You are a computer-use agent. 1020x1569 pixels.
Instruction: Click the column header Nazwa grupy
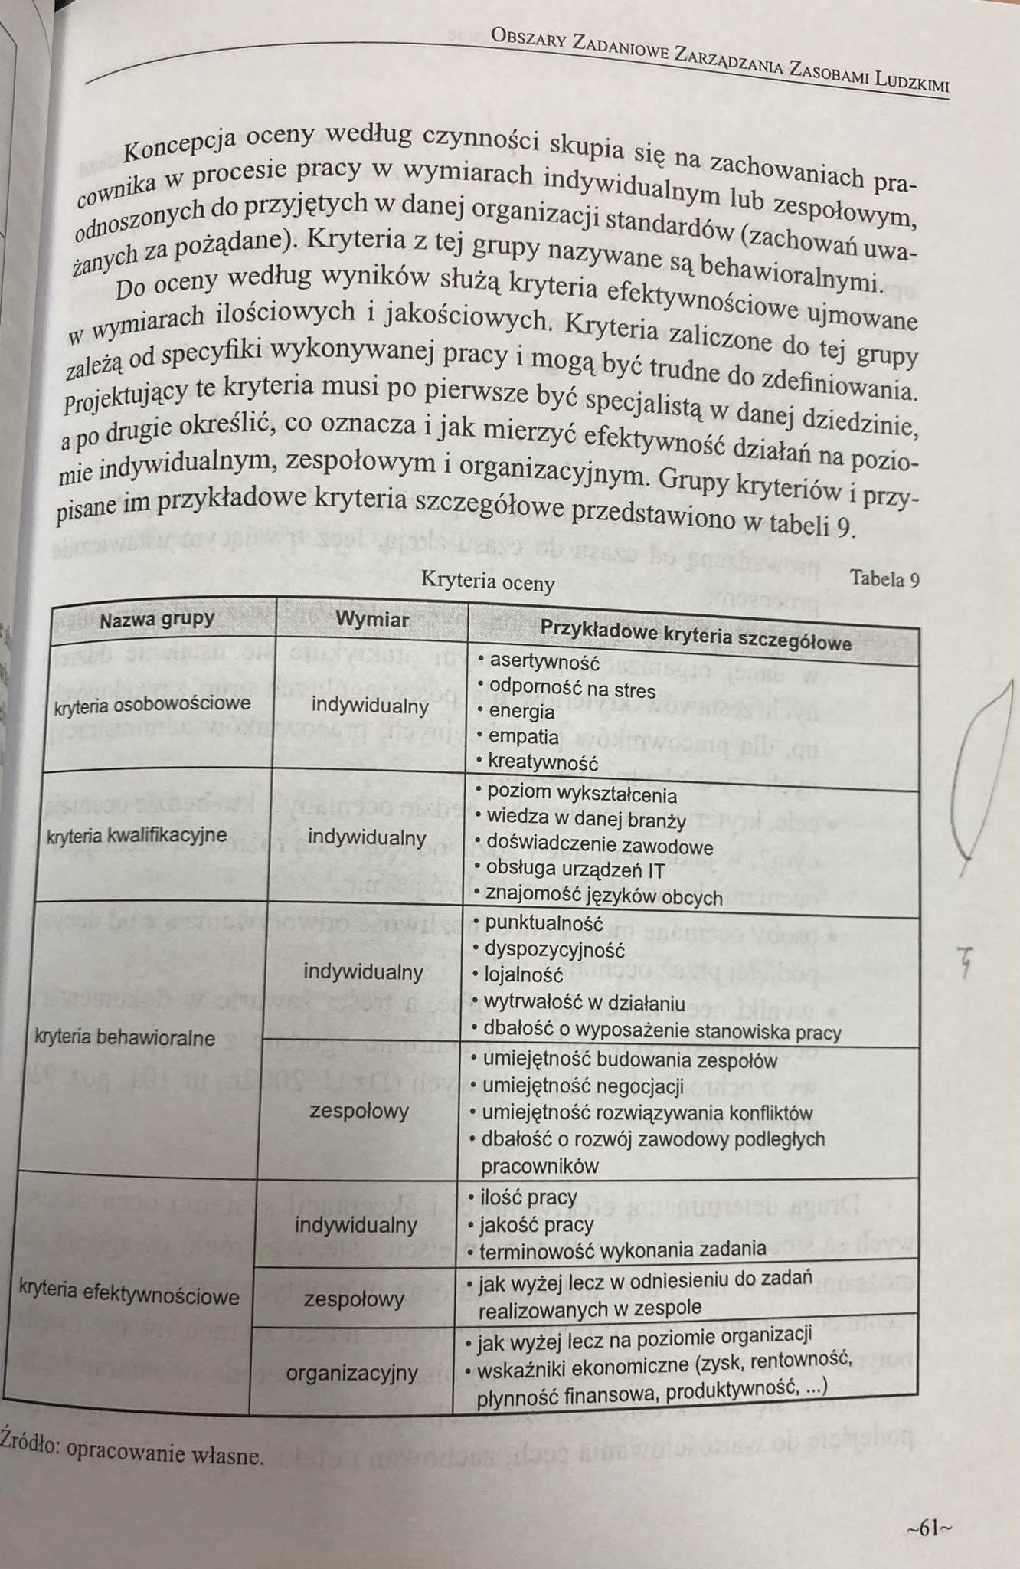[x=157, y=619]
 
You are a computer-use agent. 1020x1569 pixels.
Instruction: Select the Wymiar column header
[x=373, y=619]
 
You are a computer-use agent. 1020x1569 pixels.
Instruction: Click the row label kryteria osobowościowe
[x=152, y=703]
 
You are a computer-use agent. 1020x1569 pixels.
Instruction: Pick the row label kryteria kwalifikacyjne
[x=137, y=834]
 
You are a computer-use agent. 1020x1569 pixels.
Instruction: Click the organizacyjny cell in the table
[x=352, y=1373]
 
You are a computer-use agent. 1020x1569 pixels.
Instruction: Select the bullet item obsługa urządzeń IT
[x=575, y=870]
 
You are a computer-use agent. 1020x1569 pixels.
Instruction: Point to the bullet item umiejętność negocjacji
[x=583, y=1086]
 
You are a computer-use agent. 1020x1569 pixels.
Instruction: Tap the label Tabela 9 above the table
[x=884, y=578]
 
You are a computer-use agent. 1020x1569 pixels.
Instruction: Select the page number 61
[x=929, y=1528]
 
